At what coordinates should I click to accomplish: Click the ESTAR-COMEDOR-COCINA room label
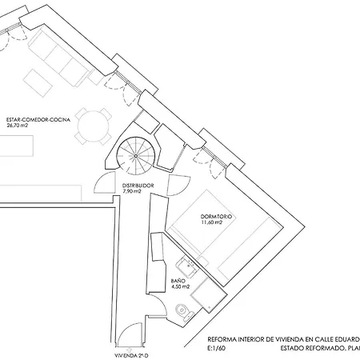(x=38, y=120)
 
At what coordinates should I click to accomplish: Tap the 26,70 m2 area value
(x=17, y=126)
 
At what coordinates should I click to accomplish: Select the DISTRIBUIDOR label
(x=138, y=186)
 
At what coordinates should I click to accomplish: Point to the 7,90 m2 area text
(x=132, y=191)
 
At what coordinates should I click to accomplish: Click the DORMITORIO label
(x=216, y=217)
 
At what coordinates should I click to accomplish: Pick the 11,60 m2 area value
(x=211, y=222)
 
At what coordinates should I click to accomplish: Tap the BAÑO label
(x=178, y=281)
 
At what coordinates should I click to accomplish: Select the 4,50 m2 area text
(x=180, y=287)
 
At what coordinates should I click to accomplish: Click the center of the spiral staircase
(x=136, y=156)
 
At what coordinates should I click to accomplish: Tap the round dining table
(x=94, y=126)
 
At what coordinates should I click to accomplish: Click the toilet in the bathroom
(x=185, y=311)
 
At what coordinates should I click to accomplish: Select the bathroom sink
(x=187, y=266)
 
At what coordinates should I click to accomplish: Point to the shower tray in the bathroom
(x=209, y=295)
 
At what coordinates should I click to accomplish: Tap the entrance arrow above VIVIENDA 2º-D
(x=130, y=347)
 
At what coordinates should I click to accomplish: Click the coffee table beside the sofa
(x=38, y=83)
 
